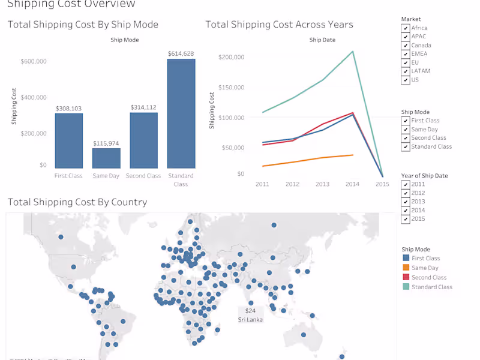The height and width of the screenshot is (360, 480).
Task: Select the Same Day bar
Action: click(x=106, y=158)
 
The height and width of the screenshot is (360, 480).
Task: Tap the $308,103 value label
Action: click(x=68, y=109)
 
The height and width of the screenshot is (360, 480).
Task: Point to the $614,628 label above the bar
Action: click(x=181, y=54)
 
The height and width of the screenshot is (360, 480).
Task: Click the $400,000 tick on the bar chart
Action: click(x=34, y=97)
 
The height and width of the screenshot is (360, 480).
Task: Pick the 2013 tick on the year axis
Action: click(x=322, y=184)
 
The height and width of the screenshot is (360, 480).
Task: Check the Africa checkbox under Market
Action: click(x=406, y=28)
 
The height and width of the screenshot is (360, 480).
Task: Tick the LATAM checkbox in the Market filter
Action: click(x=406, y=71)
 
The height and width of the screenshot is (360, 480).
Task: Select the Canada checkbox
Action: click(x=406, y=46)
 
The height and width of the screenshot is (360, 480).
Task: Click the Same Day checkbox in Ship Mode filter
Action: click(x=406, y=130)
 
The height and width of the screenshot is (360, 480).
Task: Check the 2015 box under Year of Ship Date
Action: click(x=406, y=219)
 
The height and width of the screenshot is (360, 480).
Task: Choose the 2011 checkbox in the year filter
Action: click(x=406, y=185)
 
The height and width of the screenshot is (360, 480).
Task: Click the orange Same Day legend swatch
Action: click(x=406, y=268)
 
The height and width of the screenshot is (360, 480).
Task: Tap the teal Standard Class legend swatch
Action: click(x=406, y=287)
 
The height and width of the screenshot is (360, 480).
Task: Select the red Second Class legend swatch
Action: click(x=406, y=278)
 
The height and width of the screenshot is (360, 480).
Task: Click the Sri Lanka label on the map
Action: click(x=250, y=320)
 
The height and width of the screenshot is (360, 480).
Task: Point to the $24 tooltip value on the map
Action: click(x=250, y=311)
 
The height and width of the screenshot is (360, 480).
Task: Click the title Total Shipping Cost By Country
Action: click(x=77, y=202)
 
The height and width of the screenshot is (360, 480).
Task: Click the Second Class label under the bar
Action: click(x=144, y=176)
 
